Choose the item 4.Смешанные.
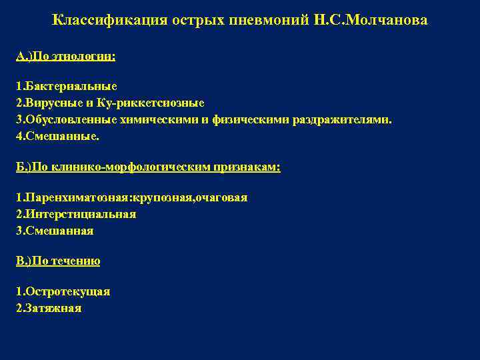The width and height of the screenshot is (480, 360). pyautogui.click(x=58, y=136)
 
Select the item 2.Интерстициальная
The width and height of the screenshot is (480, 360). pyautogui.click(x=76, y=214)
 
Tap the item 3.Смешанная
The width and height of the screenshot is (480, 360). pyautogui.click(x=55, y=231)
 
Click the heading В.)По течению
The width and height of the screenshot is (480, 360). pyautogui.click(x=58, y=261)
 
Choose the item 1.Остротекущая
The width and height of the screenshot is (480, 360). pyautogui.click(x=63, y=291)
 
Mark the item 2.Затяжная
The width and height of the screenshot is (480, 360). pyautogui.click(x=49, y=308)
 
